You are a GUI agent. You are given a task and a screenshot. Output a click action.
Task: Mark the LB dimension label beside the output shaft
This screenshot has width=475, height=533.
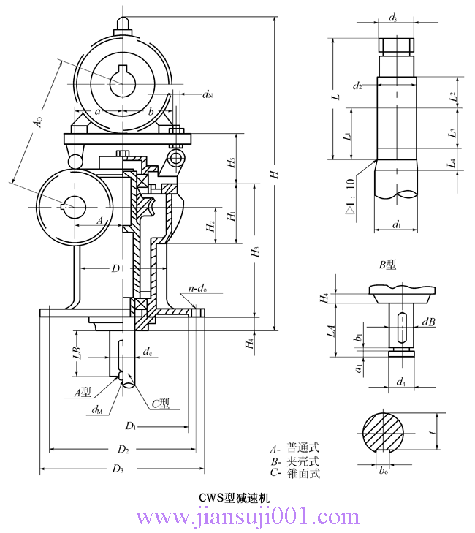pos(77,350)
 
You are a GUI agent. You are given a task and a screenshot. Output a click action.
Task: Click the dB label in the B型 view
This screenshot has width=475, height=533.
pos(428,322)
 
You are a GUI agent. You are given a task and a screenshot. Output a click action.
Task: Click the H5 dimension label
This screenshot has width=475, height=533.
pos(231,162)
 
